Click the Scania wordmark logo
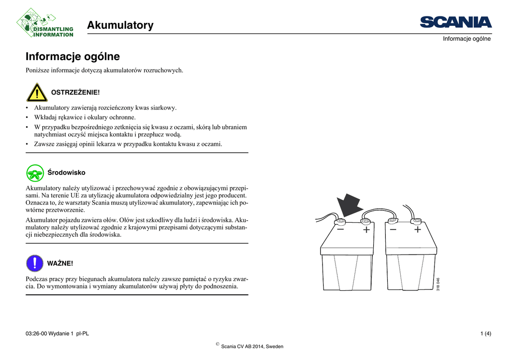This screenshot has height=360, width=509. click(455, 22)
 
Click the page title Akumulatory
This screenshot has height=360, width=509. click(120, 25)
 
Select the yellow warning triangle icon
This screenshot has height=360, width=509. click(37, 92)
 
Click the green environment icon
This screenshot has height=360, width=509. click(35, 173)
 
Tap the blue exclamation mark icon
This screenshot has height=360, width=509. click(35, 263)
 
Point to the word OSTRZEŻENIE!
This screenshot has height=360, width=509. click(76, 92)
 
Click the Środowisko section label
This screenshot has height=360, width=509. click(66, 173)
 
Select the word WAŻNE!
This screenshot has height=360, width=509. click(60, 263)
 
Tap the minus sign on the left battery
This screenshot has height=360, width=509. click(340, 230)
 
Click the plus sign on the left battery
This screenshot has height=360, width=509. click(366, 230)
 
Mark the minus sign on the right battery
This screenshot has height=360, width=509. click(393, 230)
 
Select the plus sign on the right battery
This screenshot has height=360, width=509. click(418, 230)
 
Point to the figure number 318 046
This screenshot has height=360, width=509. click(438, 284)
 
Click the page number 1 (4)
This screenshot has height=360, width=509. click(486, 334)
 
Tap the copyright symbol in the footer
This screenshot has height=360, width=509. click(218, 344)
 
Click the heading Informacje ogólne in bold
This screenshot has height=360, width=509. click(73, 57)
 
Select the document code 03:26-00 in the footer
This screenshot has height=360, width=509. click(36, 334)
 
